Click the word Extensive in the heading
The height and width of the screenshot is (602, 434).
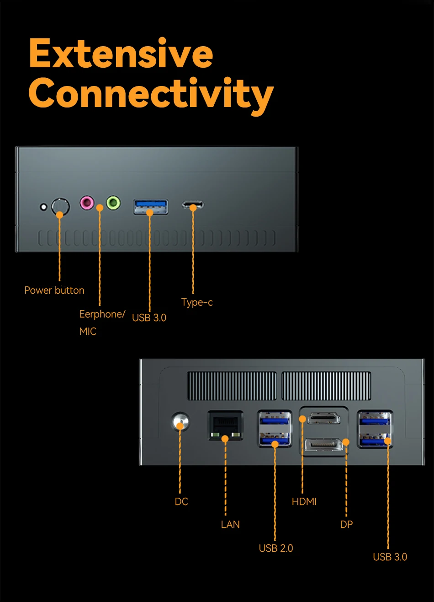pyautogui.click(x=121, y=53)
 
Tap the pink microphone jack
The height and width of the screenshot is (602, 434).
pyautogui.click(x=87, y=202)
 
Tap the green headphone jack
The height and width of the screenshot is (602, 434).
pyautogui.click(x=113, y=202)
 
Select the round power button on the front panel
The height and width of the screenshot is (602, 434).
pyautogui.click(x=61, y=207)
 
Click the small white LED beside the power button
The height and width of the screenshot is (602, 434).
pyautogui.click(x=43, y=207)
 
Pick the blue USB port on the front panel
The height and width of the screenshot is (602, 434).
pyautogui.click(x=151, y=207)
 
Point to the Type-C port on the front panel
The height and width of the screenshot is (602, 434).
pyautogui.click(x=193, y=205)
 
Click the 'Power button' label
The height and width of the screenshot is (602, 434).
pyautogui.click(x=54, y=290)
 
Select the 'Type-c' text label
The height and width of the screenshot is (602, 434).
pyautogui.click(x=197, y=302)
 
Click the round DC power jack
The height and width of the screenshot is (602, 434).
pyautogui.click(x=180, y=421)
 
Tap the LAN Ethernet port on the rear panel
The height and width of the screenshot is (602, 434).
pyautogui.click(x=226, y=425)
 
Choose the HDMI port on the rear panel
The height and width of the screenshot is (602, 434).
pyautogui.click(x=324, y=418)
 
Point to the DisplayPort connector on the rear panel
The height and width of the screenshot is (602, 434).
pyautogui.click(x=324, y=445)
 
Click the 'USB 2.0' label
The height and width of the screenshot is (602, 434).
pyautogui.click(x=276, y=548)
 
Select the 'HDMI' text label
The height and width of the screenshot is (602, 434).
pyautogui.click(x=304, y=501)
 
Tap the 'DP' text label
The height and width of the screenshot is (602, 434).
pyautogui.click(x=346, y=524)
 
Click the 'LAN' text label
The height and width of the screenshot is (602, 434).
pyautogui.click(x=230, y=524)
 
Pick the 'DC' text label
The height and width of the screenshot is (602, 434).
pyautogui.click(x=181, y=501)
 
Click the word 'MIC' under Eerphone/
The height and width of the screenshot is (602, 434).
pyautogui.click(x=88, y=331)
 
